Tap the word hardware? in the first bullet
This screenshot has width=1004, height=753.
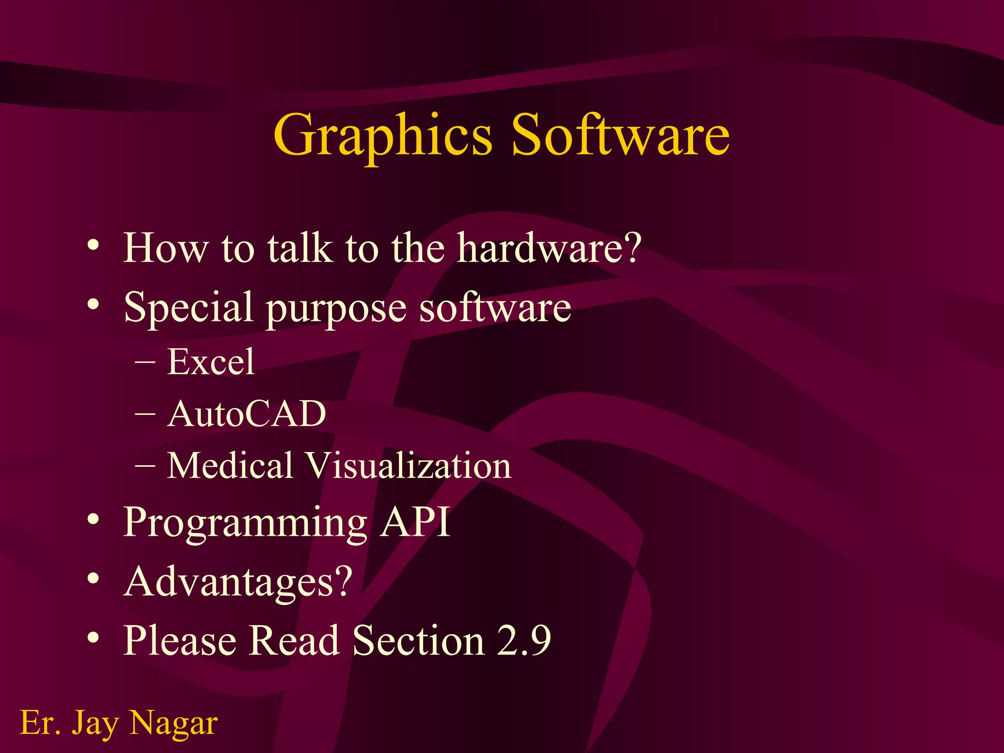550,248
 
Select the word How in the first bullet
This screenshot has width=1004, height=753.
166,248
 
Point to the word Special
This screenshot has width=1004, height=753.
189,308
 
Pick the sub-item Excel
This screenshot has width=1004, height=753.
211,362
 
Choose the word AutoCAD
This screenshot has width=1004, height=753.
247,414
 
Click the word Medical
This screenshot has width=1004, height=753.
230,466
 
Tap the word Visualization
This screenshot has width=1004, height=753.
409,466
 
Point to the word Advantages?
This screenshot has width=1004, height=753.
238,582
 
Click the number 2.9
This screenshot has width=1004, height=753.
524,640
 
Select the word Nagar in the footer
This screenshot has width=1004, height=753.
174,724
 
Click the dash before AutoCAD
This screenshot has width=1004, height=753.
145,414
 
